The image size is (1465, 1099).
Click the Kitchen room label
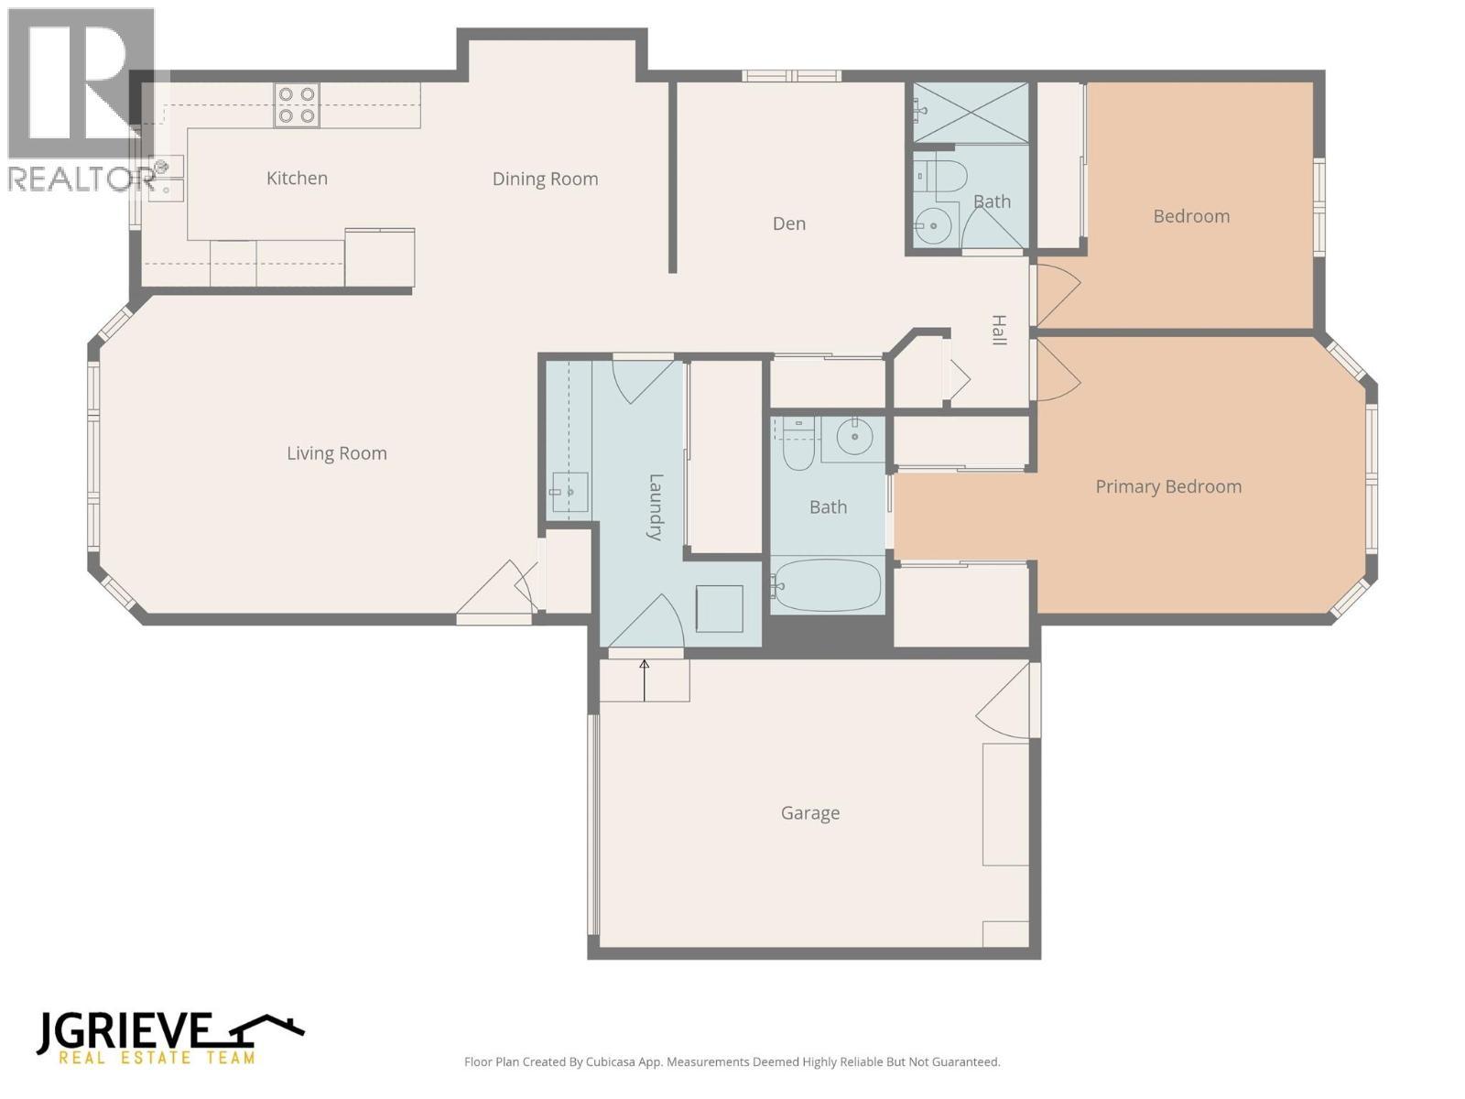pyautogui.click(x=297, y=179)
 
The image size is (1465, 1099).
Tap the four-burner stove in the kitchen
pyautogui.click(x=297, y=104)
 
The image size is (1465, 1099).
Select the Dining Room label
pyautogui.click(x=545, y=180)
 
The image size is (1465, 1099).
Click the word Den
pyautogui.click(x=788, y=223)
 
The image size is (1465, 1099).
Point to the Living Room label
pyautogui.click(x=337, y=453)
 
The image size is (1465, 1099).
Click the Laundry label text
pyautogui.click(x=656, y=506)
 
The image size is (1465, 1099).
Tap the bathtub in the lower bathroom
pyautogui.click(x=827, y=584)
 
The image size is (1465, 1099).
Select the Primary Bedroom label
pyautogui.click(x=1168, y=487)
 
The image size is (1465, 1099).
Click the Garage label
pyautogui.click(x=809, y=813)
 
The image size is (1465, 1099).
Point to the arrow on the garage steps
pyautogui.click(x=644, y=679)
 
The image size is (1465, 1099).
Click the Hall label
pyautogui.click(x=999, y=330)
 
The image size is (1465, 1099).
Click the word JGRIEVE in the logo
pyautogui.click(x=125, y=1032)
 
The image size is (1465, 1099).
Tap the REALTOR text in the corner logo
pyautogui.click(x=81, y=180)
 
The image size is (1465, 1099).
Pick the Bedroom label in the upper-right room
pyautogui.click(x=1190, y=217)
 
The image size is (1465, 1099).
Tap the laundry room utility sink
pyautogui.click(x=569, y=493)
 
